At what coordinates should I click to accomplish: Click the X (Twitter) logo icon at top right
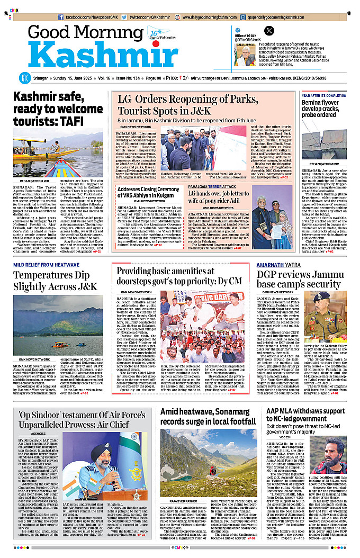269,30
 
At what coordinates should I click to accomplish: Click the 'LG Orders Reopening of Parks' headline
180,105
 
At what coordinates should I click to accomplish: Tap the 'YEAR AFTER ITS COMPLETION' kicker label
328,96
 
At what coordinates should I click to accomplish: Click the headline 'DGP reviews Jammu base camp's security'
299,280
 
